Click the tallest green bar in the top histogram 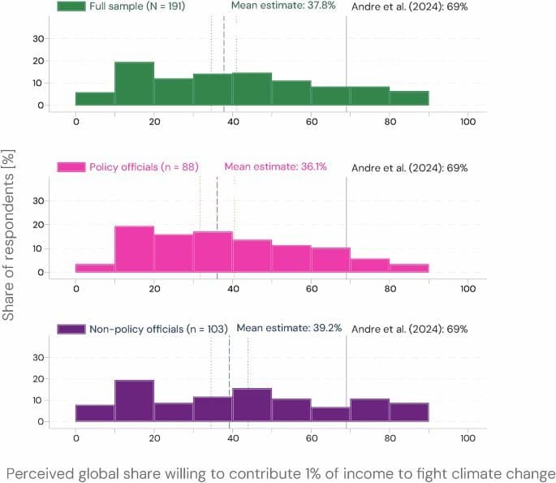pos(134,86)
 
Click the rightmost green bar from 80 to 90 pos(408,98)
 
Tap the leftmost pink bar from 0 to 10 pos(95,268)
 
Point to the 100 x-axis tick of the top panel pos(468,122)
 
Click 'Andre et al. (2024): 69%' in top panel pos(420,6)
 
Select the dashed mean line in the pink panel pos(217,227)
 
